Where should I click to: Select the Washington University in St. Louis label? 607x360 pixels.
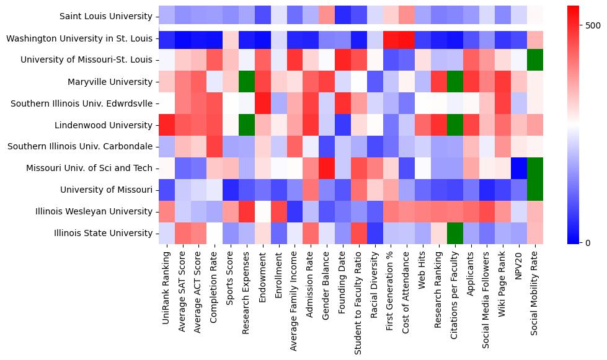click(79, 38)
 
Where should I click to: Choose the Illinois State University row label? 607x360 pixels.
click(102, 233)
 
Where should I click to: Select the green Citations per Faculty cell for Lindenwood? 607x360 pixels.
click(456, 125)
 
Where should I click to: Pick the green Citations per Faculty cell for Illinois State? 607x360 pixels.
click(456, 233)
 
